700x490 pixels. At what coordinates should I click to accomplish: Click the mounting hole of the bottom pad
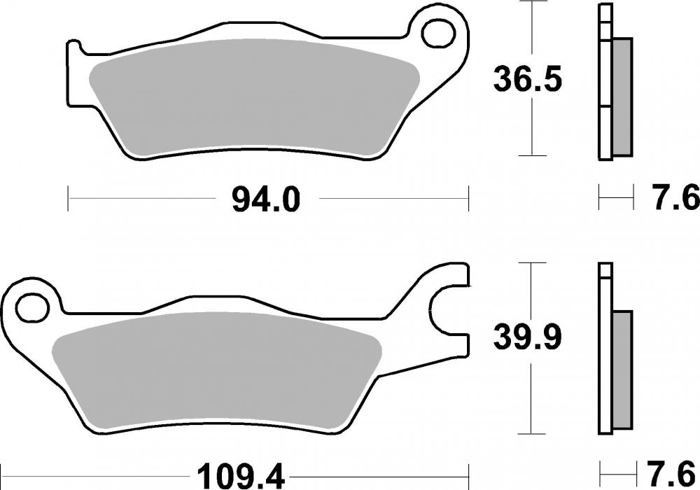(30, 305)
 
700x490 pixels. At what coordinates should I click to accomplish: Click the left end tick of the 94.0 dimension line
(68, 199)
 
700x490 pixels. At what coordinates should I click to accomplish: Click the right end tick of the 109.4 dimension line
(468, 477)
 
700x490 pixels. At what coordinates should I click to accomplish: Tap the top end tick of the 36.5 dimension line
(534, 3)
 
